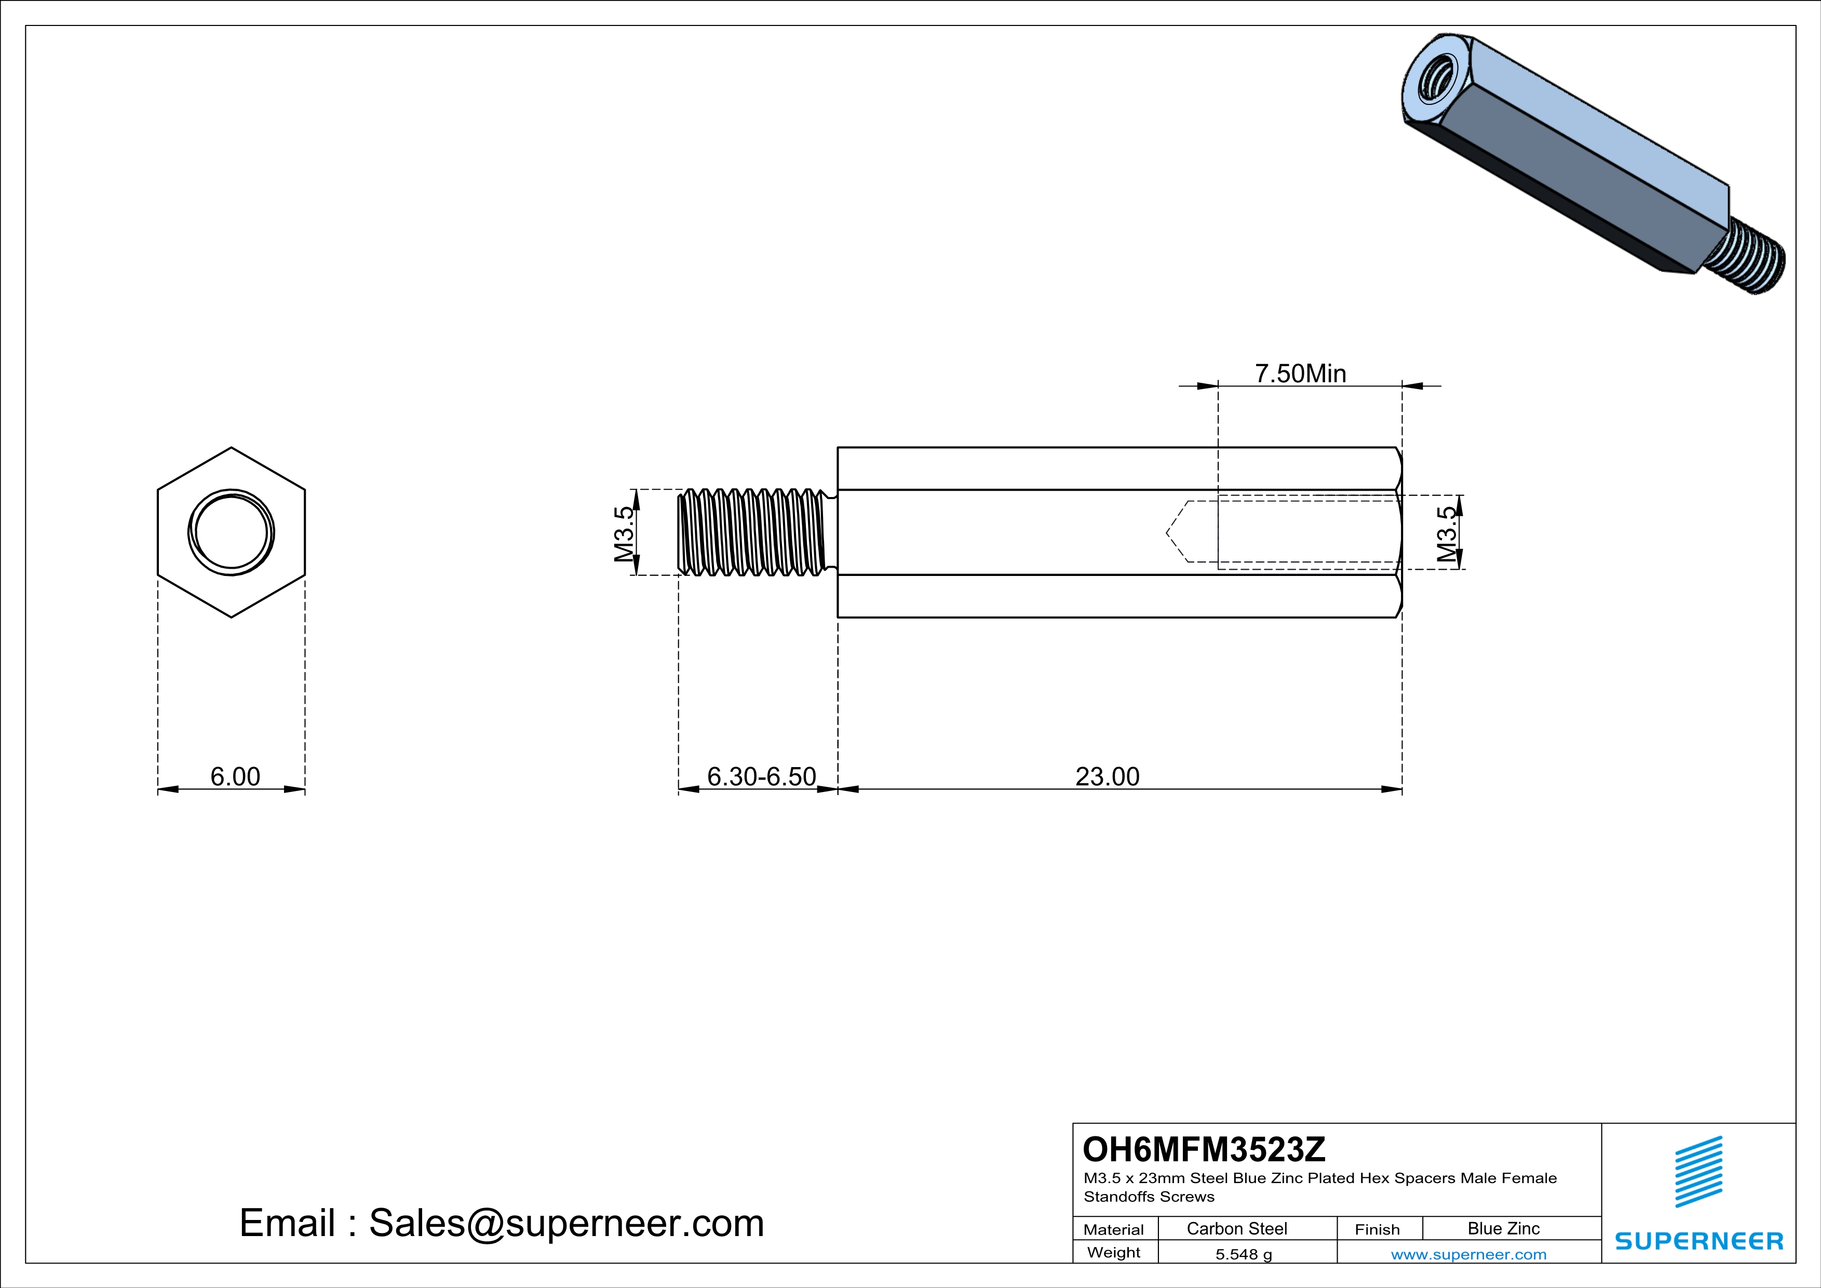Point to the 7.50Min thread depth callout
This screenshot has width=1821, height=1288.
coord(1301,373)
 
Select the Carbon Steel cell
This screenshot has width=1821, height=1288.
coord(1236,1228)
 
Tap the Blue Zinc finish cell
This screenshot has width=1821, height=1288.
coord(1504,1228)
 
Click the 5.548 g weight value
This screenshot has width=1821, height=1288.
coord(1244,1254)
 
